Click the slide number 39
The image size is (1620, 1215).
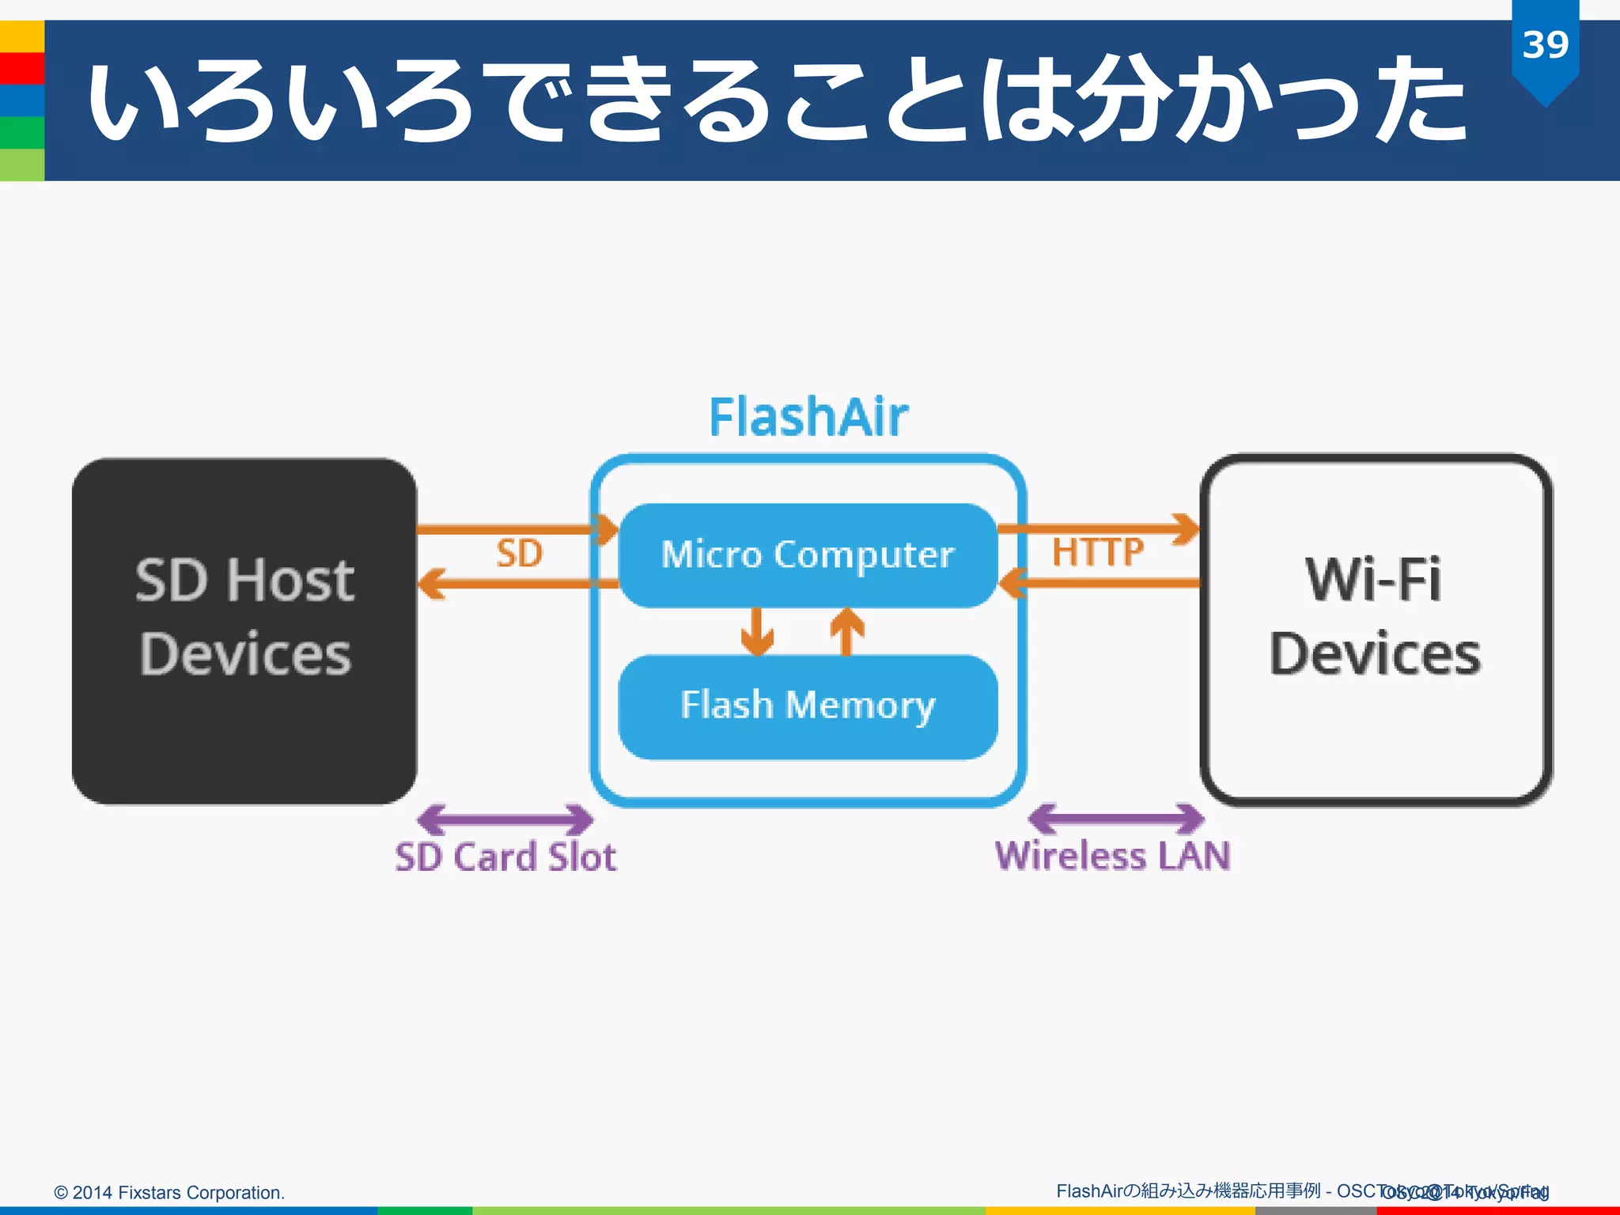pos(1545,45)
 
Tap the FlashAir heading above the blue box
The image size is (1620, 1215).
pos(808,417)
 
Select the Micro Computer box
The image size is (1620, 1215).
pos(808,555)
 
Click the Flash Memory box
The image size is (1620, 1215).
pos(808,706)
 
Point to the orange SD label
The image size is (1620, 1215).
pos(519,553)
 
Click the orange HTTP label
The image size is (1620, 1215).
pos(1097,551)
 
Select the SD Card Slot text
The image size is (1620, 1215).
pos(505,857)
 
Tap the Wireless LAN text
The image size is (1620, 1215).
pos(1112,856)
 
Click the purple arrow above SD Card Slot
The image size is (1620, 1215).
pos(505,819)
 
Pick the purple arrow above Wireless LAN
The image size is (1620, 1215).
pos(1116,819)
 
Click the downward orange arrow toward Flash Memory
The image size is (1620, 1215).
pos(757,631)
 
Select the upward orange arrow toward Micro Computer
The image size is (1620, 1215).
pos(846,631)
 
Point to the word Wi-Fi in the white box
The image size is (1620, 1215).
pos(1373,580)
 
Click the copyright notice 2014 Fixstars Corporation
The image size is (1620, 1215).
pos(169,1192)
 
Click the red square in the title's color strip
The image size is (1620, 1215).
pos(21,69)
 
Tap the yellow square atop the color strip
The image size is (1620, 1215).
pos(21,36)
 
